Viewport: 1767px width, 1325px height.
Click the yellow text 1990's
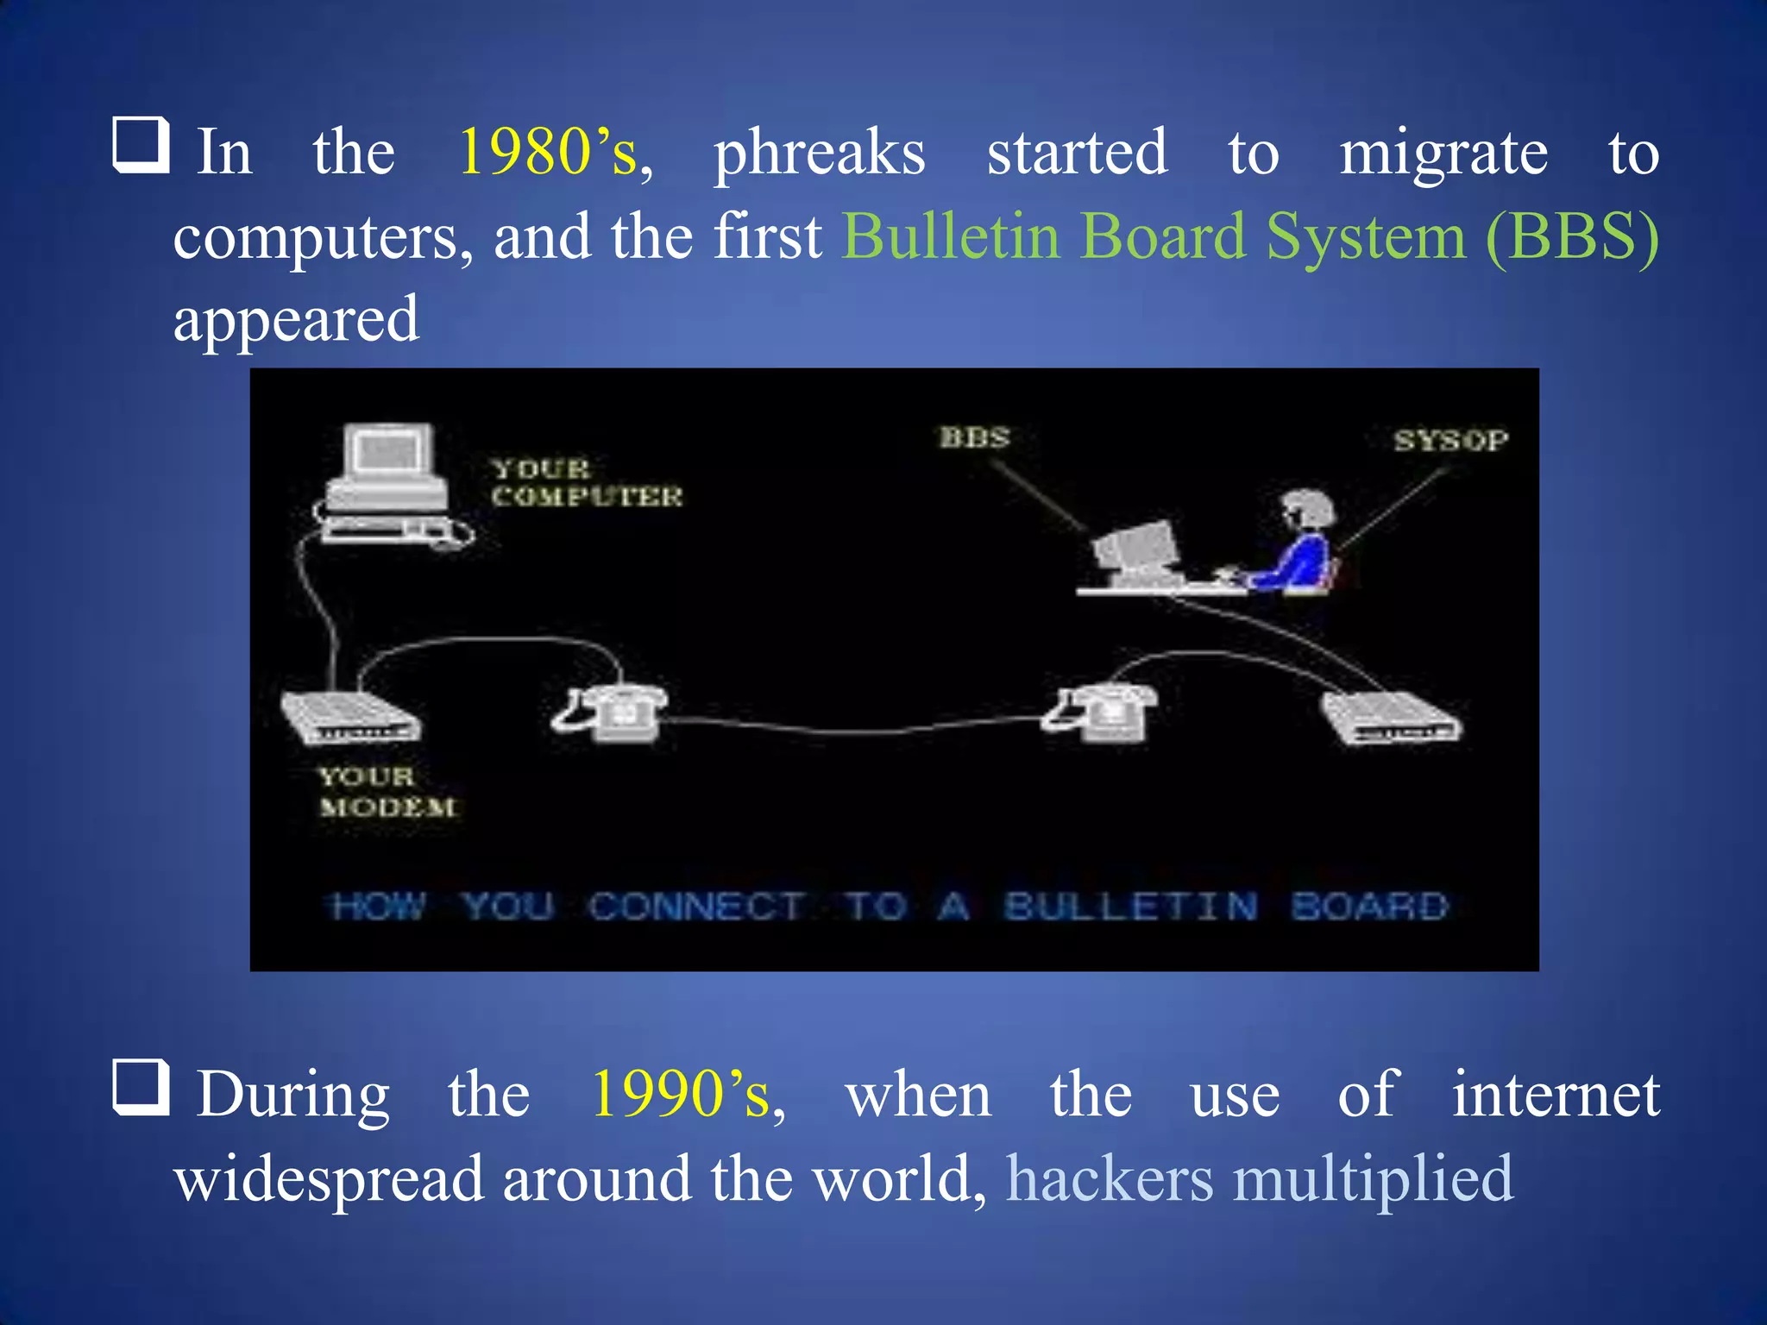pos(681,1094)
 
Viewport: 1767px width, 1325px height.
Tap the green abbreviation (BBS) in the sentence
pos(1572,236)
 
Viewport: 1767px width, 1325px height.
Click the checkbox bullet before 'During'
pos(141,1087)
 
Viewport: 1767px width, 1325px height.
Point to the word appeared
pos(296,320)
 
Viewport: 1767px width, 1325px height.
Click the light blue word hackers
pos(1110,1178)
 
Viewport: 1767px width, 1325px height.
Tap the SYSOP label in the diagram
pos(1451,441)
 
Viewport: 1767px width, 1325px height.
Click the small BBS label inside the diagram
pos(974,437)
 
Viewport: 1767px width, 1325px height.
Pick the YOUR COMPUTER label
pos(587,482)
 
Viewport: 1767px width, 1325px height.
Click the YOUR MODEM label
pos(387,792)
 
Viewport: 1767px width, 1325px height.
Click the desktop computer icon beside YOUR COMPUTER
pos(387,483)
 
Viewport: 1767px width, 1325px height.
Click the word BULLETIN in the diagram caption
pos(1130,907)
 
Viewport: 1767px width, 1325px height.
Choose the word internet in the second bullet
pos(1555,1094)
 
